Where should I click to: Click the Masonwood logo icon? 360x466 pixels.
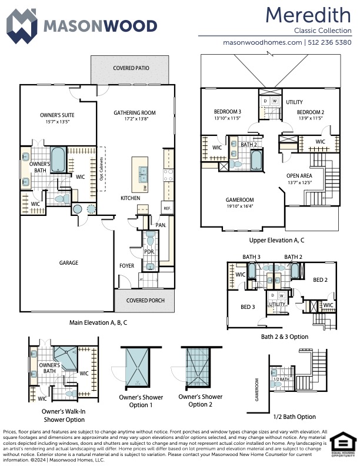(x=22, y=25)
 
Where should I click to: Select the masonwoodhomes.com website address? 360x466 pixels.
(x=262, y=42)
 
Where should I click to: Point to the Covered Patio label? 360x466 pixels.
(x=131, y=68)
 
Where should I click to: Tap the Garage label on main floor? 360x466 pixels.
(x=68, y=262)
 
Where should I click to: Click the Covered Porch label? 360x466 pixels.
(x=144, y=300)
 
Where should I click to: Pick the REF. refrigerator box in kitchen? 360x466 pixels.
(x=167, y=208)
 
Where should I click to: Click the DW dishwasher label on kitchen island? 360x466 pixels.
(x=145, y=188)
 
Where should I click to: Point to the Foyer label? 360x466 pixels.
(x=126, y=265)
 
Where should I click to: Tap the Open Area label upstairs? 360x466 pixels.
(x=299, y=176)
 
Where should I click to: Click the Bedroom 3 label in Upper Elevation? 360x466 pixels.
(x=227, y=112)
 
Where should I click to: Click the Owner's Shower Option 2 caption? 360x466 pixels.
(x=200, y=400)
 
